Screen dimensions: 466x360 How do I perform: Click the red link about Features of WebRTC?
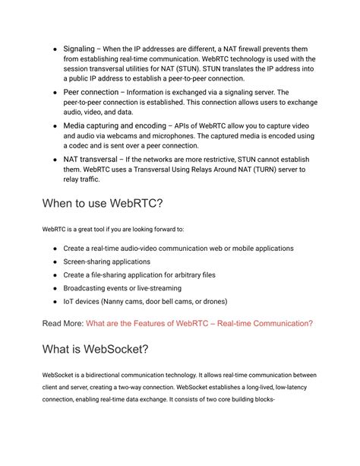click(x=199, y=323)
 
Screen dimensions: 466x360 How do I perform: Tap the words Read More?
click(x=63, y=323)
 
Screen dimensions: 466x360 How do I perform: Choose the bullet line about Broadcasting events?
click(x=122, y=288)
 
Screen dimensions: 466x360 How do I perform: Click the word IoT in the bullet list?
click(x=69, y=301)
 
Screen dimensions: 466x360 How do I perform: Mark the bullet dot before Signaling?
click(x=55, y=48)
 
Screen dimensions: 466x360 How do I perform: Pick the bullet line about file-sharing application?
click(x=139, y=274)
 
